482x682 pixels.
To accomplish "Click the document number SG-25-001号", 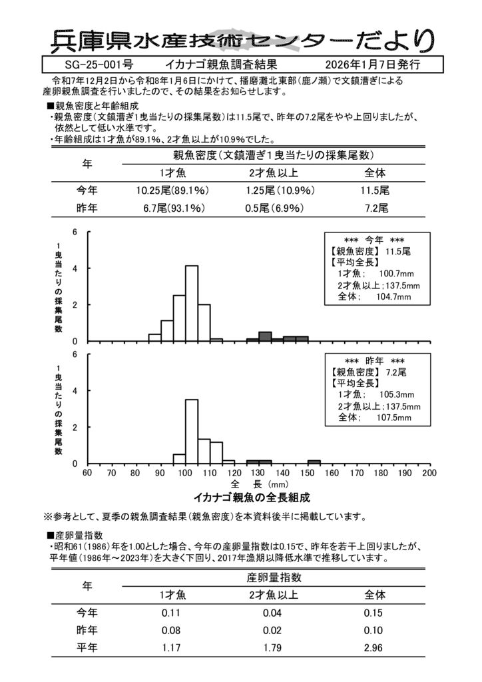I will tap(99, 66).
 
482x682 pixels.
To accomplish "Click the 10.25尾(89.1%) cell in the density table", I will tap(172, 190).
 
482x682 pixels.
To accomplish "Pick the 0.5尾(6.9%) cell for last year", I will tap(272, 208).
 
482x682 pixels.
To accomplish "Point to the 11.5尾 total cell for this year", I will tap(375, 190).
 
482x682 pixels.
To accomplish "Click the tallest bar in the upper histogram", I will tap(192, 303).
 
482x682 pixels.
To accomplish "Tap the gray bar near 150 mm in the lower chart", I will tap(314, 462).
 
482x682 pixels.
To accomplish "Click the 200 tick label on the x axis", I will tap(429, 474).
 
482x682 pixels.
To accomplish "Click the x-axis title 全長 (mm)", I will tap(259, 484).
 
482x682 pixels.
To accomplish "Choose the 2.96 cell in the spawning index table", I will tap(375, 647).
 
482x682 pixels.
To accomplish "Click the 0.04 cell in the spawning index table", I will tap(272, 613).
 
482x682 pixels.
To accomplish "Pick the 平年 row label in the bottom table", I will tap(87, 647).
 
